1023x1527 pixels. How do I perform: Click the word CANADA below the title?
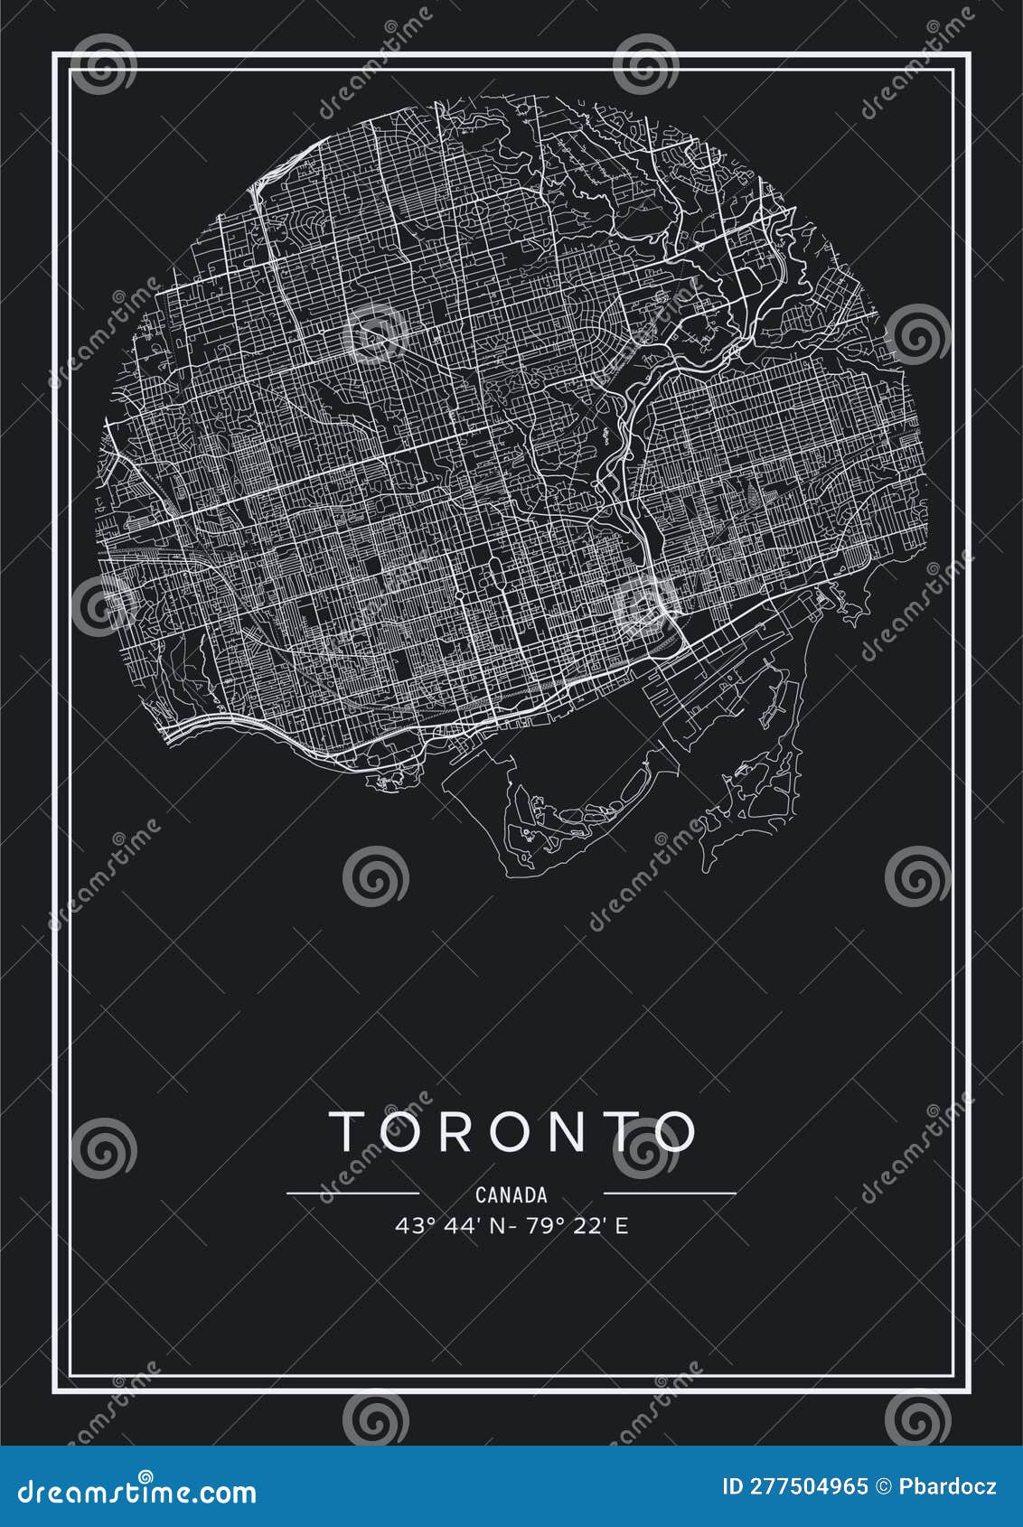tap(511, 1194)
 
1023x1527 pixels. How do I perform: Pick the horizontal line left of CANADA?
tap(352, 1194)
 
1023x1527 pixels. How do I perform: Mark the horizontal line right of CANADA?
tap(670, 1194)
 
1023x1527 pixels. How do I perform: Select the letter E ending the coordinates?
tap(622, 1226)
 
